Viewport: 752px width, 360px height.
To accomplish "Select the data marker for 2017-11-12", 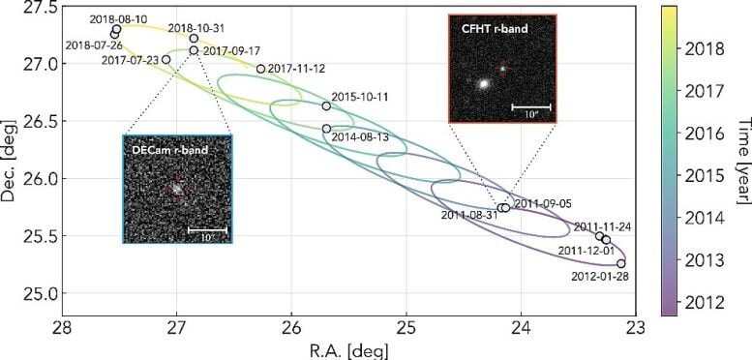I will pos(260,69).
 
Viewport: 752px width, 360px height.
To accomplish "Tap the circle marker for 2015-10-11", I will pos(326,105).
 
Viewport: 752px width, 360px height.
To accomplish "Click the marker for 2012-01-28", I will pos(620,263).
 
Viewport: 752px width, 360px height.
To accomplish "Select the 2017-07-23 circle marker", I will pos(166,59).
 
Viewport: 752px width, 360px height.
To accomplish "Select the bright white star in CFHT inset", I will pos(482,83).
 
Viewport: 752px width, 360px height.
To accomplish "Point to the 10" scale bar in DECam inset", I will pos(207,230).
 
